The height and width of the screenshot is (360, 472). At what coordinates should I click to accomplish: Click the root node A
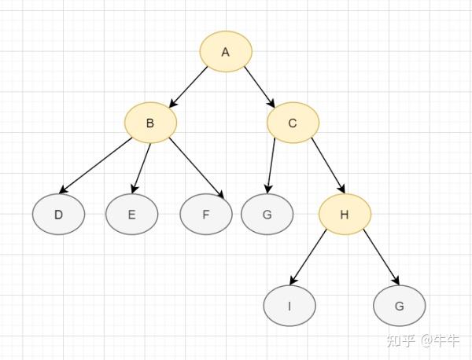tap(226, 52)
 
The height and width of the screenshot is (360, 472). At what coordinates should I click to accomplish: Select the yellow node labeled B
tap(150, 123)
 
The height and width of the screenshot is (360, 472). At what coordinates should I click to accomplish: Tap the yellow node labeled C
tap(293, 123)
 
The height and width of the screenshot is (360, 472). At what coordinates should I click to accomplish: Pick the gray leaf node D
tap(58, 215)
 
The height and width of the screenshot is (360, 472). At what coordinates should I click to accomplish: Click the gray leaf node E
tap(132, 215)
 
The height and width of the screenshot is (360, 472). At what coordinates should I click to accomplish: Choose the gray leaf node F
tap(205, 215)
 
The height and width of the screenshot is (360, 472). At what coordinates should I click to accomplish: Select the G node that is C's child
tap(267, 215)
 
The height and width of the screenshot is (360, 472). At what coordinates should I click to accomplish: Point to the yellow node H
tap(345, 215)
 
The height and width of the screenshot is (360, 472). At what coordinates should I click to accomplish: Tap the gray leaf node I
tap(289, 306)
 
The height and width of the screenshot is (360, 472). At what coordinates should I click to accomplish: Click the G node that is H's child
tap(400, 306)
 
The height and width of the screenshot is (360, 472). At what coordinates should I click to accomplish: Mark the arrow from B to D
tap(97, 167)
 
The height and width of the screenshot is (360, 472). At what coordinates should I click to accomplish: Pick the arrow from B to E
tap(141, 167)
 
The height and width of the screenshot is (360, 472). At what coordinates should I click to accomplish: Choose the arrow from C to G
tap(271, 167)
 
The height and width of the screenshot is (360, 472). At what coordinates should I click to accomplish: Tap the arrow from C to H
tap(328, 166)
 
